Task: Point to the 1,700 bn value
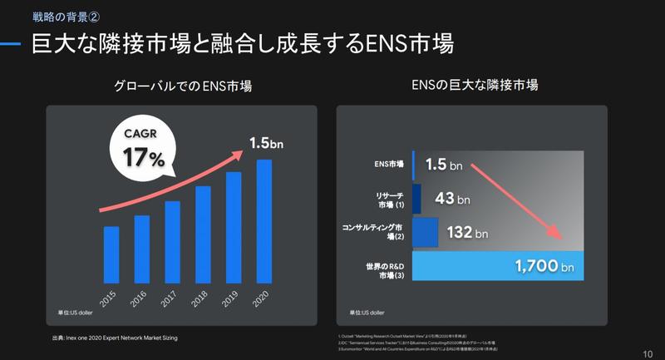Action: pos(544,267)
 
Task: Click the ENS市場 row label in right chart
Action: pos(389,165)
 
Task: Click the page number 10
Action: pos(648,353)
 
